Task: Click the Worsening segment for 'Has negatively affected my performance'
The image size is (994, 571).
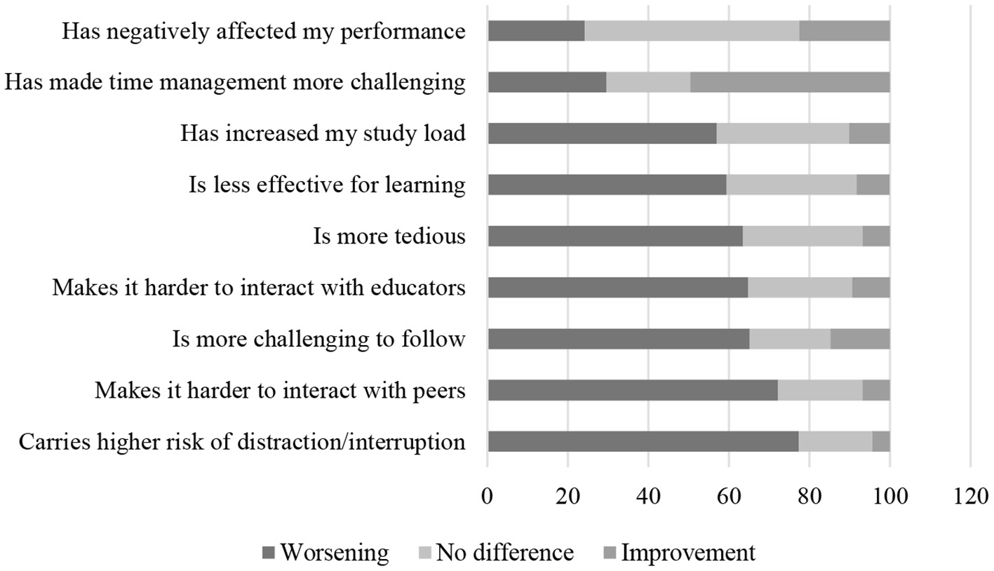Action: point(536,31)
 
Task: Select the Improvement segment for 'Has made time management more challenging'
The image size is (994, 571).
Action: point(790,82)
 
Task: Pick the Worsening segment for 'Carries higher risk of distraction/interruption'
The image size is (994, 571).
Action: point(643,441)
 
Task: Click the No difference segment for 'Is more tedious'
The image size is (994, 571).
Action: point(802,236)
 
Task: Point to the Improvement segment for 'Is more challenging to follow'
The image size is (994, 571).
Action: point(860,339)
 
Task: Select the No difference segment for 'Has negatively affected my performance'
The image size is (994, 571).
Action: point(692,31)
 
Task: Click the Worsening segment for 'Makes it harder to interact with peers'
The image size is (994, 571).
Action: point(633,390)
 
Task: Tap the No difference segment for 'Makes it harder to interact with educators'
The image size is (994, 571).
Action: point(800,288)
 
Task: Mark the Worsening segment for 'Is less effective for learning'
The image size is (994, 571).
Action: point(607,184)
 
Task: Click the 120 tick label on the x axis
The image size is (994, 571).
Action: point(970,497)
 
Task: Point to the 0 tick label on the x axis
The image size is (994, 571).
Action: point(488,497)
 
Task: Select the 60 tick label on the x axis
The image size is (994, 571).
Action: point(729,497)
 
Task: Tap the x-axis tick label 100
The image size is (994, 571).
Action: point(889,497)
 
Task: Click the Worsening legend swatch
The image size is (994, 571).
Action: point(269,553)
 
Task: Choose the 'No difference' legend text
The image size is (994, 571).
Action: point(504,553)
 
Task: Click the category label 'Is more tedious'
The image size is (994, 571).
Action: point(389,236)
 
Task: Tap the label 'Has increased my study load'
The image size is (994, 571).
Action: point(323,133)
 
